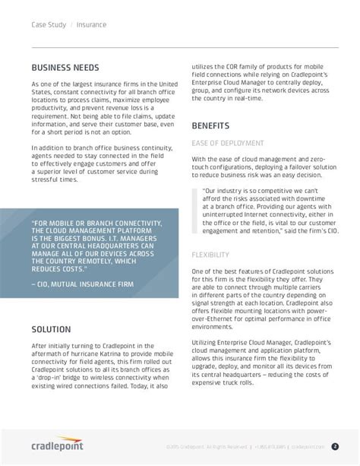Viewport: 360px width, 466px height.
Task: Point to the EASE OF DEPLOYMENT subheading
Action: tap(228, 142)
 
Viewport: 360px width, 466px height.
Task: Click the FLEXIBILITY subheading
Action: tap(210, 254)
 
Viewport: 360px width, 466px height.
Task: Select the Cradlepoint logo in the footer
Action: tap(58, 446)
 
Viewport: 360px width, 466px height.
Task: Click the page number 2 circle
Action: tap(335, 446)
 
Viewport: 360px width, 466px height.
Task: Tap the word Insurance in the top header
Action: tap(91, 24)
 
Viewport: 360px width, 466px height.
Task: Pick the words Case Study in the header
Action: tap(49, 24)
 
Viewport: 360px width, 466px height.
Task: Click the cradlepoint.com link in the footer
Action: tap(308, 447)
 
